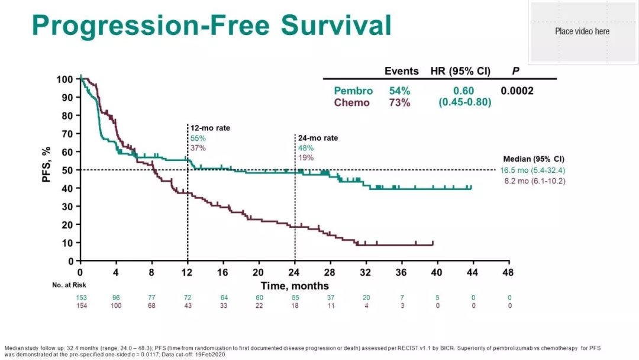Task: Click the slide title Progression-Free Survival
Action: click(x=211, y=25)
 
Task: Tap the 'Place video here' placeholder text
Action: click(x=582, y=31)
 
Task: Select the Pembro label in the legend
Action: click(x=353, y=91)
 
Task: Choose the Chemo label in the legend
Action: click(x=351, y=102)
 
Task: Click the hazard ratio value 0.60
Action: click(x=464, y=91)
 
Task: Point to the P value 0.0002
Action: click(x=517, y=91)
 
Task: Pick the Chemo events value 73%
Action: click(x=399, y=102)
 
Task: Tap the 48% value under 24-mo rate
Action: click(x=306, y=148)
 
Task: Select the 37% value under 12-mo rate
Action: click(x=198, y=148)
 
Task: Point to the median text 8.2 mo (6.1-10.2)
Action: click(x=534, y=181)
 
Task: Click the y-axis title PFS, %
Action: click(x=47, y=165)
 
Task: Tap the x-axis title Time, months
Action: click(x=295, y=285)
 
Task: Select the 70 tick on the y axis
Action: click(x=69, y=134)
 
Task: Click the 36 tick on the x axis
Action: click(x=401, y=272)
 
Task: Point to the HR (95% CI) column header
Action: click(x=460, y=72)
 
